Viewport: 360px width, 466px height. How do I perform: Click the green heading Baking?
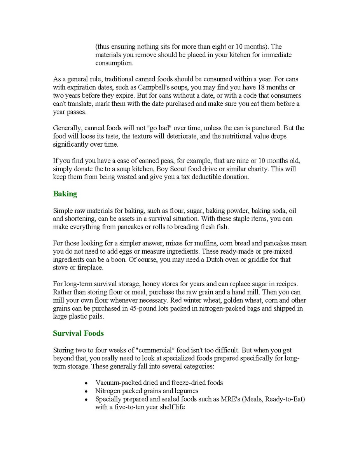65,194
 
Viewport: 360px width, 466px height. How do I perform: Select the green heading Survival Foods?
78,333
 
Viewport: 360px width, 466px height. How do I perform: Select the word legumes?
186,391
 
